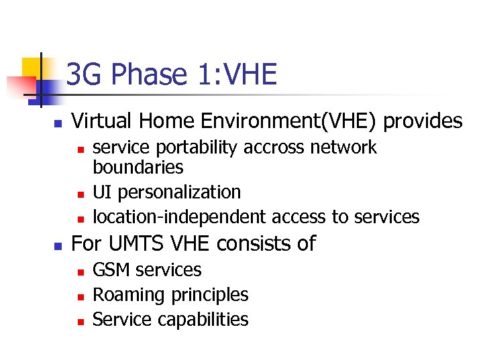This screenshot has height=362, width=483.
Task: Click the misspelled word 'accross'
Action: pos(263,147)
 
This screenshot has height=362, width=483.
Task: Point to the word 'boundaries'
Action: pos(138,166)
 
